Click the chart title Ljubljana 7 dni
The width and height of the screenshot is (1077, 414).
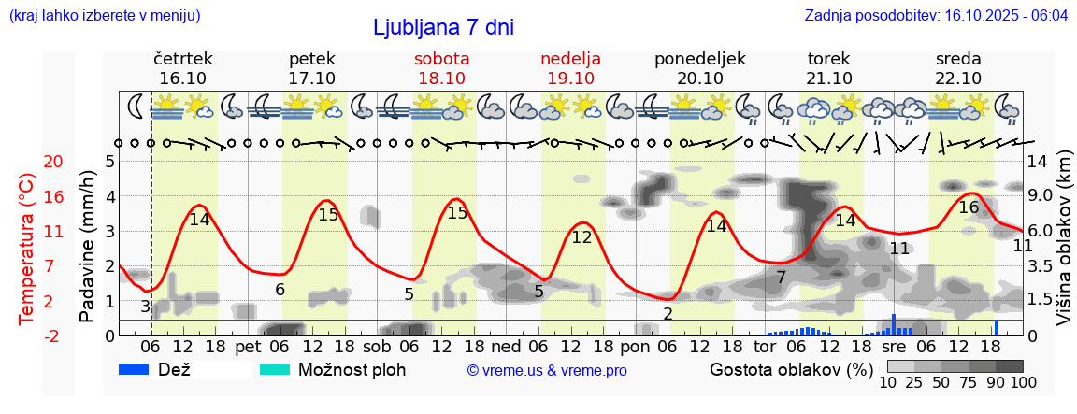(x=443, y=27)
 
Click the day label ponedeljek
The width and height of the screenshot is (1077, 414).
(x=700, y=58)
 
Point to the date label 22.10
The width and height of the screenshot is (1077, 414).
(x=958, y=78)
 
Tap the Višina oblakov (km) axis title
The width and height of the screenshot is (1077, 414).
(x=1064, y=248)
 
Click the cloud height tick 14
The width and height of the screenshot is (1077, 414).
(x=1038, y=161)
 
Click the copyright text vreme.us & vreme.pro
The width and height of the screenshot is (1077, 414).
(x=547, y=370)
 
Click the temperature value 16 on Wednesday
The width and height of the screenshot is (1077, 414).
(x=969, y=207)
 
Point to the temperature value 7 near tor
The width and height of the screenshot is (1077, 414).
(x=781, y=278)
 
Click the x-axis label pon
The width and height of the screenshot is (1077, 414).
(x=635, y=346)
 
